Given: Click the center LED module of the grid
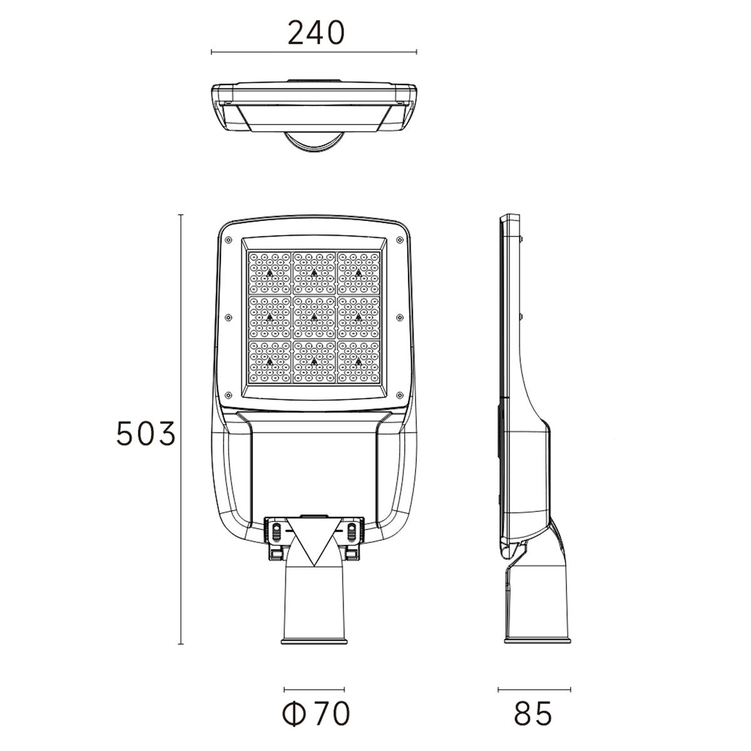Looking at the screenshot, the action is point(314,317).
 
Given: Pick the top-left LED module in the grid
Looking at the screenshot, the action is point(270,272).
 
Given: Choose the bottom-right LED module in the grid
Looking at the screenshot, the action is point(359,362).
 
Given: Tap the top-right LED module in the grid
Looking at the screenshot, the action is point(359,272).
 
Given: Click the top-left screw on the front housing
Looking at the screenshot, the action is point(228,239).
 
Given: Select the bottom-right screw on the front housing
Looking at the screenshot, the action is point(399,395).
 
